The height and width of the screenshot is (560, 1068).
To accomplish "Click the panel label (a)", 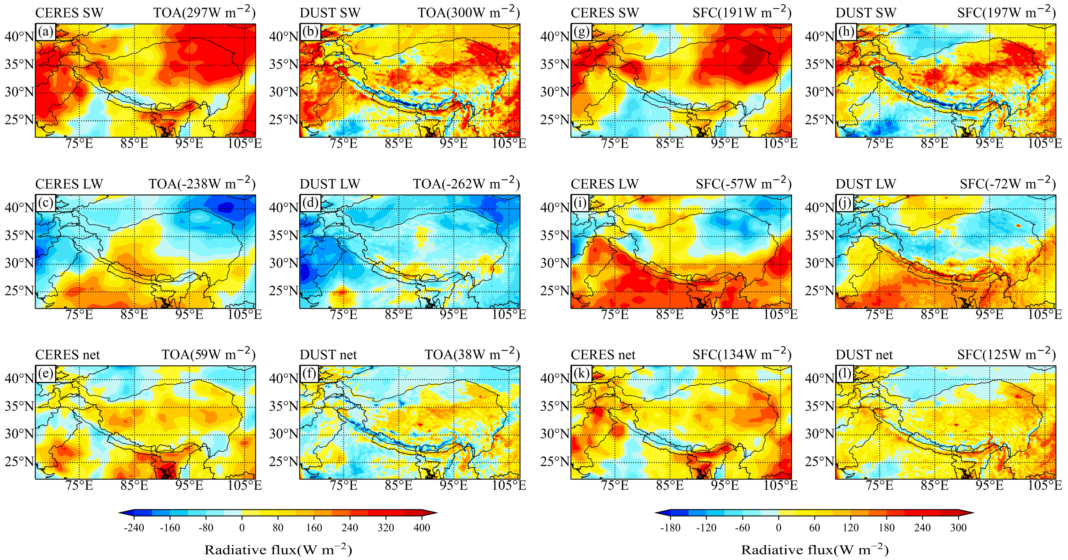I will pyautogui.click(x=45, y=31).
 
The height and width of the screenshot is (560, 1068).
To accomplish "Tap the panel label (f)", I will pyautogui.click(x=310, y=374).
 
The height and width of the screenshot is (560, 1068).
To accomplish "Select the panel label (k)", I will pyautogui.click(x=581, y=374).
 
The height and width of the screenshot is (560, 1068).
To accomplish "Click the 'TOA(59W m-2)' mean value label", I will pyautogui.click(x=208, y=354).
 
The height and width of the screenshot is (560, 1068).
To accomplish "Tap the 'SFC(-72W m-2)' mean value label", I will pyautogui.click(x=1007, y=184).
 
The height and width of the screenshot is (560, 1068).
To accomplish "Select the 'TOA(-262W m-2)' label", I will pyautogui.click(x=466, y=184).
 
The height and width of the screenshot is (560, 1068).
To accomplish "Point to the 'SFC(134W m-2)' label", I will pyautogui.click(x=742, y=354).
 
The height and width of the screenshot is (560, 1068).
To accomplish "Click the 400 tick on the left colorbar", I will pyautogui.click(x=422, y=528).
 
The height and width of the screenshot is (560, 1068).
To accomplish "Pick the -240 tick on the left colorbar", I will pyautogui.click(x=134, y=528).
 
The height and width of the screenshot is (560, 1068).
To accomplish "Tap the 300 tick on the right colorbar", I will pyautogui.click(x=958, y=528).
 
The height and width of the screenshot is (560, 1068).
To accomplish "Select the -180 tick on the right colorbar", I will pyautogui.click(x=670, y=528).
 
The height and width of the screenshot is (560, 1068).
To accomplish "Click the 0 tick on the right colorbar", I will pyautogui.click(x=779, y=528).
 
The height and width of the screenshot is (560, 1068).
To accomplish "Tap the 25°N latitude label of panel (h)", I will pyautogui.click(x=820, y=120).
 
